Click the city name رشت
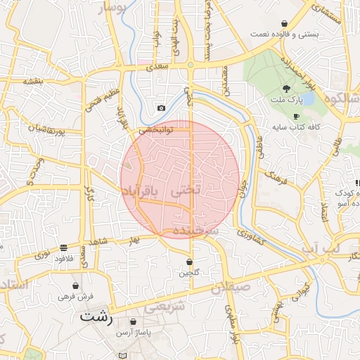tap(96, 316)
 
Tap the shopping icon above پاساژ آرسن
tap(133, 322)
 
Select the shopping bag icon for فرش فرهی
tap(75, 286)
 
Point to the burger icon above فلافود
tap(64, 247)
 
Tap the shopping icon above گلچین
tap(190, 262)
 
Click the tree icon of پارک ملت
tap(286, 89)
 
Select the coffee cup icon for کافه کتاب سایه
tap(296, 116)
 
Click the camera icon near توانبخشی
tap(161, 108)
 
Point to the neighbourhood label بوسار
tap(115, 7)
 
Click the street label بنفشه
tap(33, 82)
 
